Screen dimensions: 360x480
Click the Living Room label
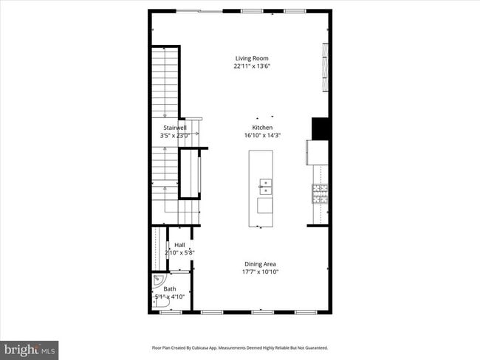coord(251,58)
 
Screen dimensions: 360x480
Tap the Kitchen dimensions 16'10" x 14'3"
coord(263,135)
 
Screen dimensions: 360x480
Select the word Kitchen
coord(263,128)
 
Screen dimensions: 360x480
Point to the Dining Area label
coord(260,264)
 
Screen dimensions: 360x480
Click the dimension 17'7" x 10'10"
coord(260,271)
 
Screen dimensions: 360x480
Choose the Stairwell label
coord(174,128)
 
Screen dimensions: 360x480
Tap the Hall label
coord(179,245)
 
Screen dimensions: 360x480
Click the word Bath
coord(170,289)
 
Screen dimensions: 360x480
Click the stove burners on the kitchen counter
coord(320,193)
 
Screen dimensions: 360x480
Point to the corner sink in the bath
coord(157,281)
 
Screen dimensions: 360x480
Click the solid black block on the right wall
coord(320,128)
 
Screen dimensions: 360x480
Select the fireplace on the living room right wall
coord(324,66)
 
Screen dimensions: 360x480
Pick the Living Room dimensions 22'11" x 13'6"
coord(251,66)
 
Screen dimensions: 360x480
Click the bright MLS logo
coord(30,348)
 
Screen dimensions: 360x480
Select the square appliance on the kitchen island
coord(264,205)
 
